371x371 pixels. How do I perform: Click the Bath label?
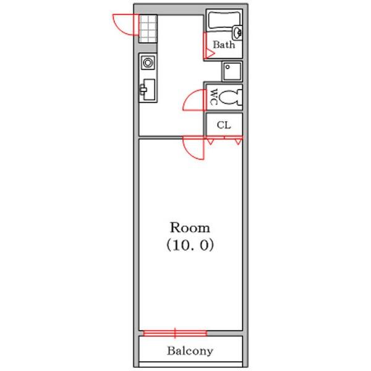tap(224, 45)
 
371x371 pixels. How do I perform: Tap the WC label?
tap(214, 97)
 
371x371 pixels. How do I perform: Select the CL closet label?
tap(224, 125)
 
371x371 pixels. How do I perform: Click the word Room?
tap(190, 228)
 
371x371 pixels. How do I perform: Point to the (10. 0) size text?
tap(190, 245)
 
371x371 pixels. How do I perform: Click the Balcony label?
tap(190, 351)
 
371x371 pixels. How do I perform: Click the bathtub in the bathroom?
tap(224, 20)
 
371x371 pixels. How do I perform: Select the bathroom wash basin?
tap(237, 33)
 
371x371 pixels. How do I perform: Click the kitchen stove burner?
tap(148, 63)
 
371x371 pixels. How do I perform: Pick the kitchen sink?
tap(148, 90)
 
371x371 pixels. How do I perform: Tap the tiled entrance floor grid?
tap(148, 29)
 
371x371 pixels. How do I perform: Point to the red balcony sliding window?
tap(175, 333)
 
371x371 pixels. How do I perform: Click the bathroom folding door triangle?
tap(209, 54)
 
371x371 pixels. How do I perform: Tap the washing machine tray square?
tap(232, 71)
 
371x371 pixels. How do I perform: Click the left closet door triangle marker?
tap(210, 142)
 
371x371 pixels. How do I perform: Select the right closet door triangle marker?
tap(238, 142)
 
